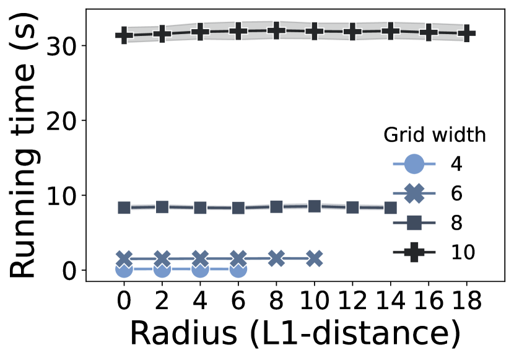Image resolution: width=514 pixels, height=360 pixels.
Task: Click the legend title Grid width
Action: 434,135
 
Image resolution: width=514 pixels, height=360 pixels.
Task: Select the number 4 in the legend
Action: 456,164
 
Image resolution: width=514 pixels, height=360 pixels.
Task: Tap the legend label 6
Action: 456,193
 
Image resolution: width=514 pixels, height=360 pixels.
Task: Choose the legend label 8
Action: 456,222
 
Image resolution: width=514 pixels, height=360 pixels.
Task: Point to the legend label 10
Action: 463,252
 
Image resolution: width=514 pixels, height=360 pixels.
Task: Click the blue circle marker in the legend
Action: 414,164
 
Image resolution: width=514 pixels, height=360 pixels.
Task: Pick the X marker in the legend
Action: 414,193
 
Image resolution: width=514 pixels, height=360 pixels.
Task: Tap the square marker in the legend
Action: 414,222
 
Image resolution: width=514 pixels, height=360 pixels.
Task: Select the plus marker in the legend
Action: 414,252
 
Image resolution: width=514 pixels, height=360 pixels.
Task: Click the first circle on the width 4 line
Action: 124,269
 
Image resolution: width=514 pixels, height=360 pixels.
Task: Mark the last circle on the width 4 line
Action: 238,269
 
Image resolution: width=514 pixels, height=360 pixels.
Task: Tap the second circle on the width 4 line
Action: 162,269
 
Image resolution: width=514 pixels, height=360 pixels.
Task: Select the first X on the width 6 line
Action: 124,258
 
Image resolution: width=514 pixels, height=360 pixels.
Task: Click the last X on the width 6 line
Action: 315,258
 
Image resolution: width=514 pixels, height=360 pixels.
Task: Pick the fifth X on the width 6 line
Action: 276,258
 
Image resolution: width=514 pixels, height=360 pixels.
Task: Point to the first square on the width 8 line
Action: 124,208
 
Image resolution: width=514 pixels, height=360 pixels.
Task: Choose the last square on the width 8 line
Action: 390,208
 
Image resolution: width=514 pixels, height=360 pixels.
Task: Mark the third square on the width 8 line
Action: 200,208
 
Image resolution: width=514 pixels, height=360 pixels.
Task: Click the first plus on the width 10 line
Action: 124,35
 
